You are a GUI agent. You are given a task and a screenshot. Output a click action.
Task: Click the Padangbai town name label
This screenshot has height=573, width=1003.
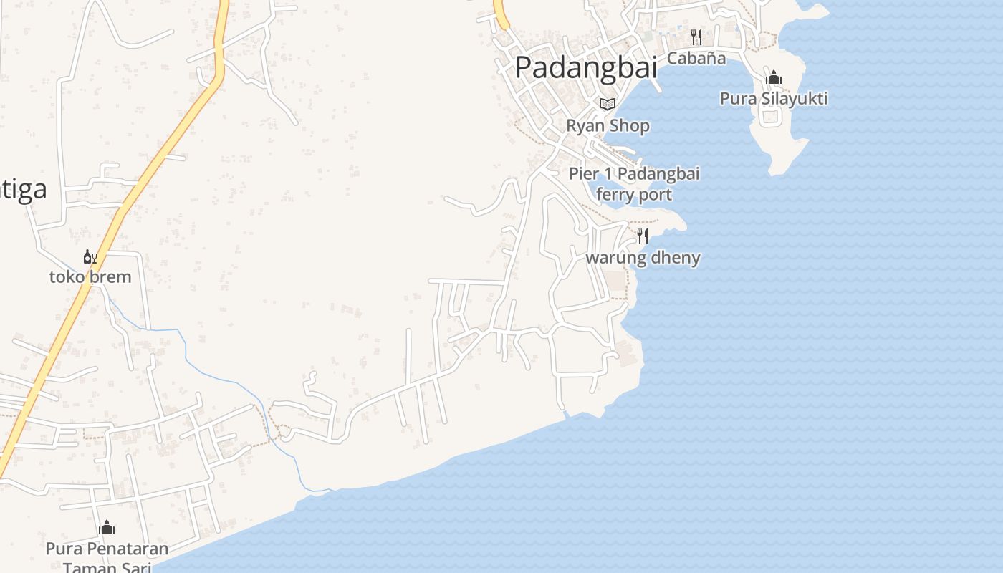586,67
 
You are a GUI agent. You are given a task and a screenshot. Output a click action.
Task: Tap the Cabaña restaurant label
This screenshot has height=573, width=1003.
696,58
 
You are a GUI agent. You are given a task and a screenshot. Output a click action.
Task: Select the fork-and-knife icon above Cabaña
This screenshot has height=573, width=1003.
696,37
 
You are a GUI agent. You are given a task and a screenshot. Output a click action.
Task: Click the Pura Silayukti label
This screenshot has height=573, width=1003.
773,98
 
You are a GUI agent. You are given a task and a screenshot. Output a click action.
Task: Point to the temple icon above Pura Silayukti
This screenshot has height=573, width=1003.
773,77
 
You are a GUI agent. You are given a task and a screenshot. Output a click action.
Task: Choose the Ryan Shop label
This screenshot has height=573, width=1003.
608,125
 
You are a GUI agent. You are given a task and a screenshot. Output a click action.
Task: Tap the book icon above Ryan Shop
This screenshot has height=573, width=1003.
608,104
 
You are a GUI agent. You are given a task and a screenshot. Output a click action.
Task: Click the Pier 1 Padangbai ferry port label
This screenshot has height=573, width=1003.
634,184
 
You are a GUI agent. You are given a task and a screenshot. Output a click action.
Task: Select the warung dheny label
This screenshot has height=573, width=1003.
643,258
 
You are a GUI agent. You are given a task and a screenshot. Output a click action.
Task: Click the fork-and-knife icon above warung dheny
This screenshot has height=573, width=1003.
643,236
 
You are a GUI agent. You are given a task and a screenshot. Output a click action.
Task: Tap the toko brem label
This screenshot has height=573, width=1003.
90,277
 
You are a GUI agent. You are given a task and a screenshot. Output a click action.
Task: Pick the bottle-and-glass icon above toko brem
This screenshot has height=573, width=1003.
90,256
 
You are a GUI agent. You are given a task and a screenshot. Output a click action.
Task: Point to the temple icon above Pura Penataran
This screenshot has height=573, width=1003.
107,529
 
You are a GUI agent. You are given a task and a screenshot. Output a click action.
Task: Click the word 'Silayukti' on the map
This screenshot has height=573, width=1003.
795,98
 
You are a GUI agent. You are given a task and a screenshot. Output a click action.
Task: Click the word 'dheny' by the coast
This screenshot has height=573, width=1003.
675,258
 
